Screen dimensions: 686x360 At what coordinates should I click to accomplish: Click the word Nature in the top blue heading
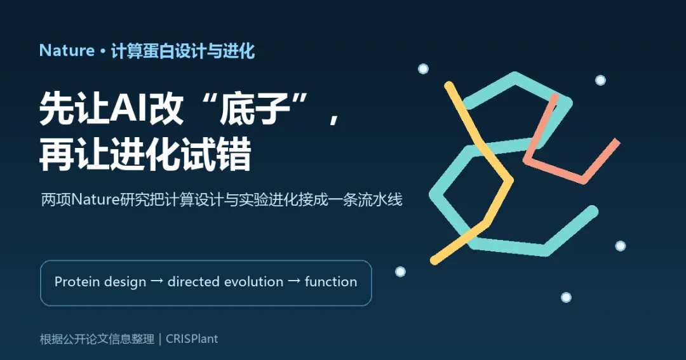(67, 51)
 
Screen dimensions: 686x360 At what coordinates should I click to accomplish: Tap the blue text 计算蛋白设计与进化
(183, 51)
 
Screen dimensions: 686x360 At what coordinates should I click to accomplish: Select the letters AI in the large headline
(129, 109)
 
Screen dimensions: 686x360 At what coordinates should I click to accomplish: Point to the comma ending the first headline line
(334, 118)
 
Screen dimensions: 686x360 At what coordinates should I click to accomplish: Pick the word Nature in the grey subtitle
(95, 200)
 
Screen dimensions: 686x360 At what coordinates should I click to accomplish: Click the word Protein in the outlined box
(78, 282)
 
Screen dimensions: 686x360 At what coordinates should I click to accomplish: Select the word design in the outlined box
(126, 282)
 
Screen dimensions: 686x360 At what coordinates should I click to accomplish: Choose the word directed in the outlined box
(195, 282)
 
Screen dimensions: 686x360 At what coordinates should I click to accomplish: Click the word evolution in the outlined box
(255, 282)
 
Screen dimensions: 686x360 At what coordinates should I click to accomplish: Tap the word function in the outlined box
(331, 282)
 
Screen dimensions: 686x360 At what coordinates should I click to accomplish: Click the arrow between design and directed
(157, 281)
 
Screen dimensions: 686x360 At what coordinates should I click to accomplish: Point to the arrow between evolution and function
(294, 281)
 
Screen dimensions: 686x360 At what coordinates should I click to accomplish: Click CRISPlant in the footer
(192, 339)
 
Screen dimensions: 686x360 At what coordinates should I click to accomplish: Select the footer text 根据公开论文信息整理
(97, 339)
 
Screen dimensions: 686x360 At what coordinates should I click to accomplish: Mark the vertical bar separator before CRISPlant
(160, 339)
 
